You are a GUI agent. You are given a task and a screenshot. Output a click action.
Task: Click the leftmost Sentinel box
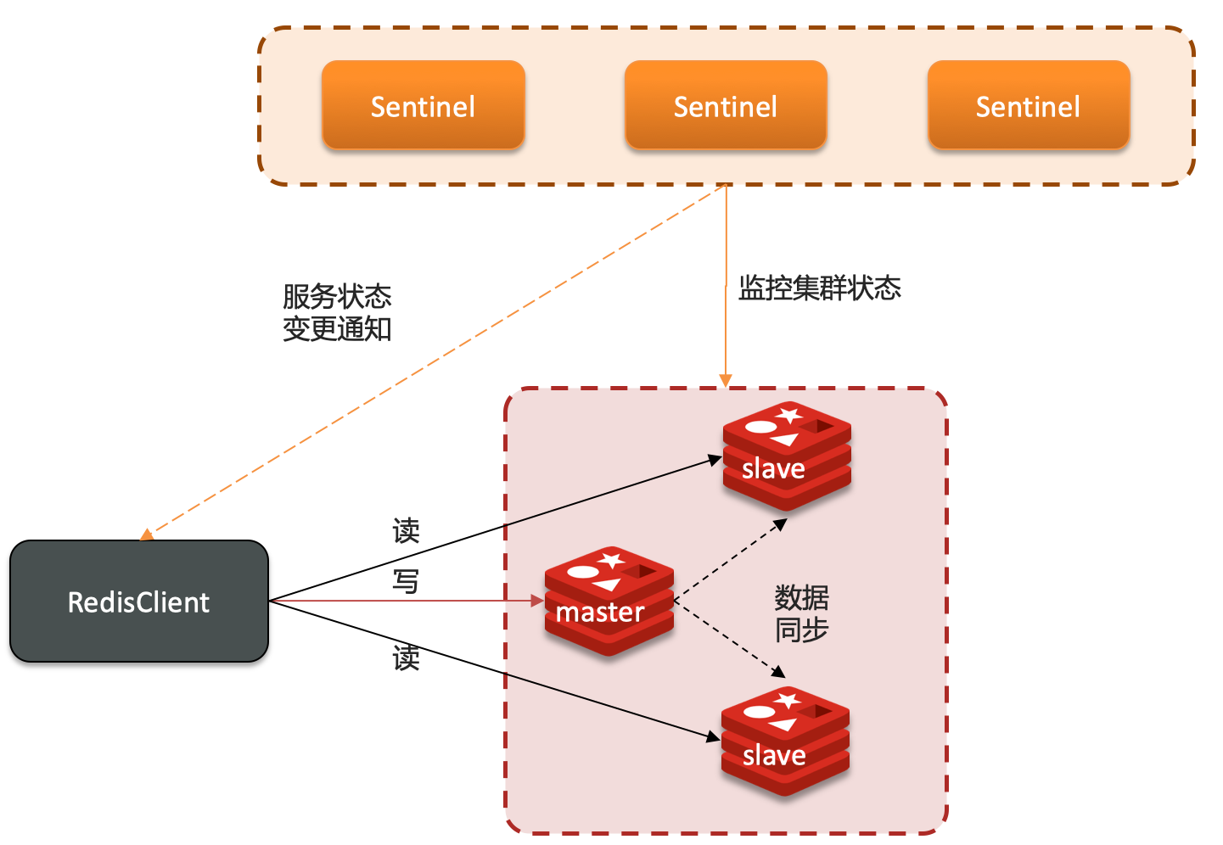[x=423, y=105]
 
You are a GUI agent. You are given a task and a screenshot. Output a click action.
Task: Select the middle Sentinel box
[x=726, y=105]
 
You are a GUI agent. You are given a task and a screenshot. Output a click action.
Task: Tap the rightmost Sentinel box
[x=1028, y=105]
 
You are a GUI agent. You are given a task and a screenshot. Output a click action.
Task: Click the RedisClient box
[x=139, y=601]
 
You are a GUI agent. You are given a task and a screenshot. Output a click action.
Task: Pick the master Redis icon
[x=609, y=601]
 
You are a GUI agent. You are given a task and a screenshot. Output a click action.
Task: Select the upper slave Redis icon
[x=787, y=456]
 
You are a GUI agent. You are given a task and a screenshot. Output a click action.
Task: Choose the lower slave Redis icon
[x=785, y=741]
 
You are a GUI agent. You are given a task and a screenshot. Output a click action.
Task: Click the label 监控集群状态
[x=819, y=288]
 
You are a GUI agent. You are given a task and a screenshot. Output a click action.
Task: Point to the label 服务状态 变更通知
[x=337, y=312]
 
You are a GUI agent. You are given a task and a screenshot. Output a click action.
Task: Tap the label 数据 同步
[x=801, y=613]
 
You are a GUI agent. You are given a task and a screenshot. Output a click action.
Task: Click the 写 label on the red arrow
[x=406, y=582]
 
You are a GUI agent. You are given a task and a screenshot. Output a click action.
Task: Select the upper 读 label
[x=406, y=531]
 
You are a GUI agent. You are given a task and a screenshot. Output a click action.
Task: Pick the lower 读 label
[x=406, y=658]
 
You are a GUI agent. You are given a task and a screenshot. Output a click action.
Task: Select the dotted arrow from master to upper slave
[x=730, y=561]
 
